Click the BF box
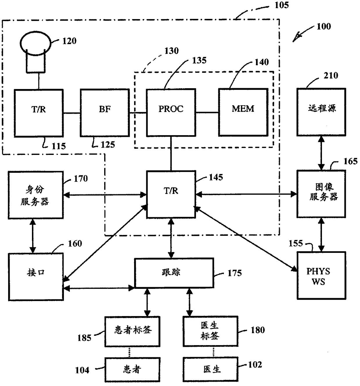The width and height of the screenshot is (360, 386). (x=105, y=113)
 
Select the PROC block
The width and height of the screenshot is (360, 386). (x=171, y=112)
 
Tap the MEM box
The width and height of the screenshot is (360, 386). (x=243, y=112)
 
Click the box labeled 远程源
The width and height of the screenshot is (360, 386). (x=321, y=112)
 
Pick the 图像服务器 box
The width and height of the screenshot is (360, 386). (x=321, y=194)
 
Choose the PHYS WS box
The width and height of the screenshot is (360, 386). (x=321, y=276)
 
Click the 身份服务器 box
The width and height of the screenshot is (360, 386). (x=36, y=195)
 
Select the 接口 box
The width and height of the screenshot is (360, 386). (x=36, y=277)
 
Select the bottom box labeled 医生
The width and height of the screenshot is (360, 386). (x=210, y=369)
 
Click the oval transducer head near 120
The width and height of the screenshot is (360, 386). (x=36, y=43)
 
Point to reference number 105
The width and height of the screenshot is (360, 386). (x=281, y=5)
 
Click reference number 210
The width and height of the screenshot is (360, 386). (x=331, y=75)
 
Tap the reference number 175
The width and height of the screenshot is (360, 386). (x=235, y=273)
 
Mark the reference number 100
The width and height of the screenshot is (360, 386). (x=324, y=26)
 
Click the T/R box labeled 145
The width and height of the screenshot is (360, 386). (x=171, y=194)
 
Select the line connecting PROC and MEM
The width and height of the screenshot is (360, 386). (x=207, y=112)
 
